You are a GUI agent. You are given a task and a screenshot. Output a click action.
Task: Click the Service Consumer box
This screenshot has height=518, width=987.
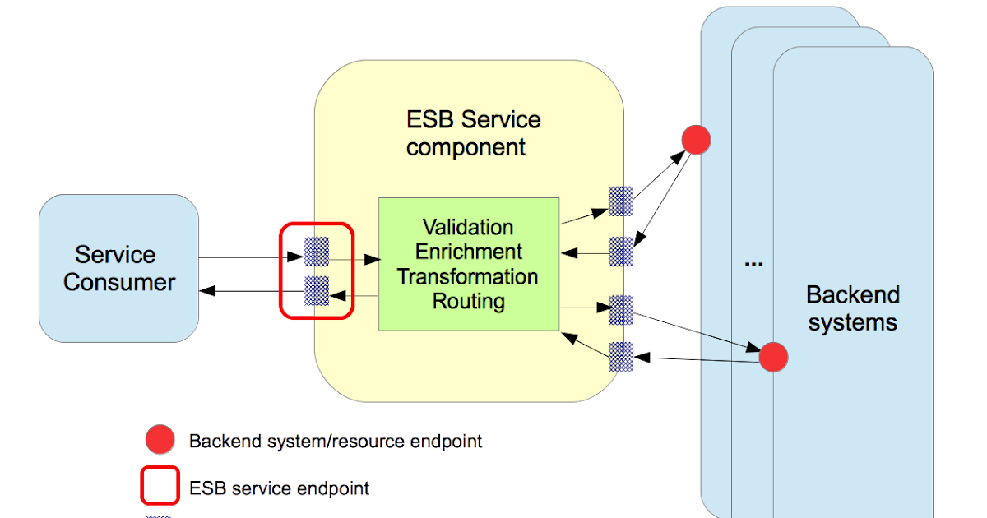click(x=118, y=268)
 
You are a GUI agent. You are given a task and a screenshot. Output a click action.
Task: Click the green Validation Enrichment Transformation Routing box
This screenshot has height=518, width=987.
click(x=468, y=263)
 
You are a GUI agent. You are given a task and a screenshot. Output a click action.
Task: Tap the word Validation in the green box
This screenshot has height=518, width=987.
click(x=468, y=227)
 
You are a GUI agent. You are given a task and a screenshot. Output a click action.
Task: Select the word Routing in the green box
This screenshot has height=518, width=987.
click(x=468, y=301)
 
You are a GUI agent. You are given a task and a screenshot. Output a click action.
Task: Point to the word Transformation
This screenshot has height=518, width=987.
click(x=468, y=276)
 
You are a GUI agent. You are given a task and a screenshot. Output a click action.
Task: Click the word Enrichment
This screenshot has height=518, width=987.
click(x=468, y=252)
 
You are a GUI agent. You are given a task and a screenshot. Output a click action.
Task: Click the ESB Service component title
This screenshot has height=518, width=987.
click(x=473, y=133)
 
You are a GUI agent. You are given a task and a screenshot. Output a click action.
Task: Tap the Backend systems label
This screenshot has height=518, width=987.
click(x=852, y=308)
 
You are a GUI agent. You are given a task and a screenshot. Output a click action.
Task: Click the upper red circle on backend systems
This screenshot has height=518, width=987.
click(x=696, y=141)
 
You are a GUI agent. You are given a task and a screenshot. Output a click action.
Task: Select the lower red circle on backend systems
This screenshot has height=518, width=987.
click(x=773, y=357)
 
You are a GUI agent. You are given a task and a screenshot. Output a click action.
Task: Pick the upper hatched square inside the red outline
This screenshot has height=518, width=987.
click(x=317, y=252)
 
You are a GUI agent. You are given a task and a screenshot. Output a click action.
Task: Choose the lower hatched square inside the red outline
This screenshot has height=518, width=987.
click(x=317, y=290)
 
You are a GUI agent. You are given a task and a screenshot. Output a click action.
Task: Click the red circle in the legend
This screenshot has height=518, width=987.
click(x=160, y=441)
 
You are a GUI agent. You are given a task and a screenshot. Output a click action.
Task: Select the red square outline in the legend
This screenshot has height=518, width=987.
click(x=160, y=485)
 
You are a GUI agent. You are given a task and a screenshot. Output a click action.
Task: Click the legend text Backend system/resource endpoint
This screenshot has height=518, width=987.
click(x=336, y=442)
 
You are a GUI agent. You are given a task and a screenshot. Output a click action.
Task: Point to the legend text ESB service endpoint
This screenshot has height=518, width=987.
click(x=280, y=488)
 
